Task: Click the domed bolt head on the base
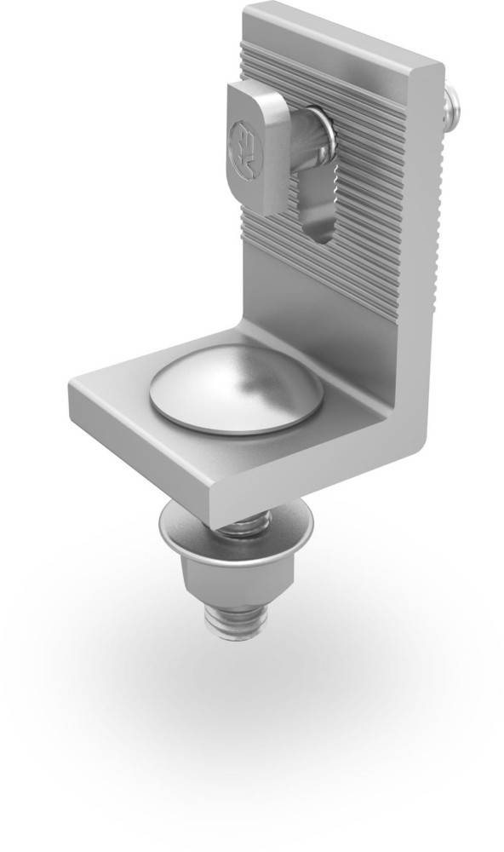pyautogui.click(x=237, y=394)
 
